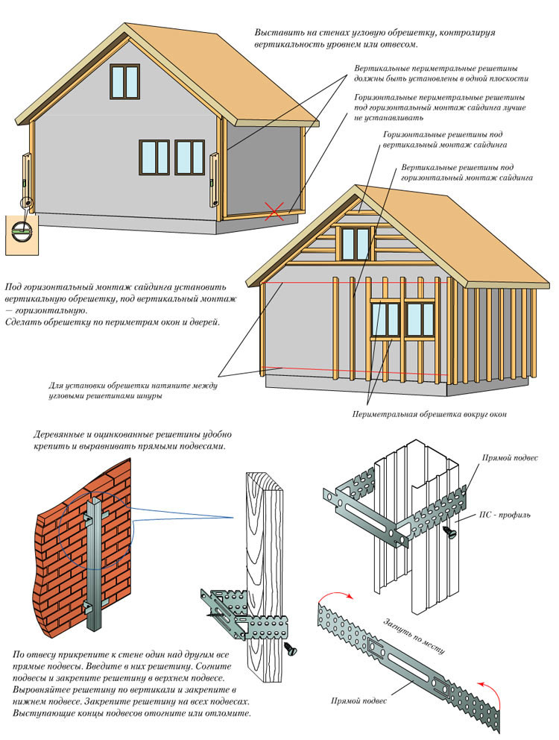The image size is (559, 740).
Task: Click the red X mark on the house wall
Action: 274,211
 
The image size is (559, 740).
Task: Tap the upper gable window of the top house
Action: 125,81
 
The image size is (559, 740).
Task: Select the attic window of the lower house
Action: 356,243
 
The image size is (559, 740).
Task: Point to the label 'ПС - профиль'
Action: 505,515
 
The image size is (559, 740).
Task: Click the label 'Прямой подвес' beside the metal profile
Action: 510,457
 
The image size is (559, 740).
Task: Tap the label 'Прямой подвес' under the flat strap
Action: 359,700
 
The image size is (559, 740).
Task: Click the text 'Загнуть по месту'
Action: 414,636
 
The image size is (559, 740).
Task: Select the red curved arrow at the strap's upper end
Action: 335,594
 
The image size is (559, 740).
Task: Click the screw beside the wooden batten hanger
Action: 291,647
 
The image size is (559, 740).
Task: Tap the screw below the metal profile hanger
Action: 450,531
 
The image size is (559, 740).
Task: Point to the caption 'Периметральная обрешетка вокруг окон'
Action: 429,414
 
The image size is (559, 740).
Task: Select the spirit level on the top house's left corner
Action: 26,178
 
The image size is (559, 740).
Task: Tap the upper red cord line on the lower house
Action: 354,283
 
